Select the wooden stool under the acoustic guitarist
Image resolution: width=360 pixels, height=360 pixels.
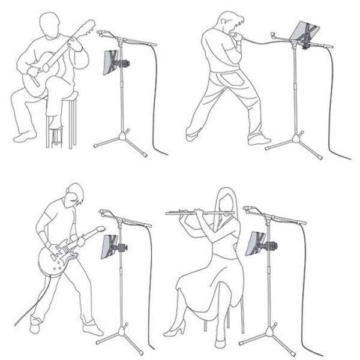pos(62,123)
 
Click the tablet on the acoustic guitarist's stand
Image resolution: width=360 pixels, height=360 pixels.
pos(112,62)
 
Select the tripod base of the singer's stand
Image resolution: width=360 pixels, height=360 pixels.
pos(293,142)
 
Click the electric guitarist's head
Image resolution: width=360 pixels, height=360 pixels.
pos(76,195)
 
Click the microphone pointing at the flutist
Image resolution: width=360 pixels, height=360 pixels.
pos(248,209)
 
